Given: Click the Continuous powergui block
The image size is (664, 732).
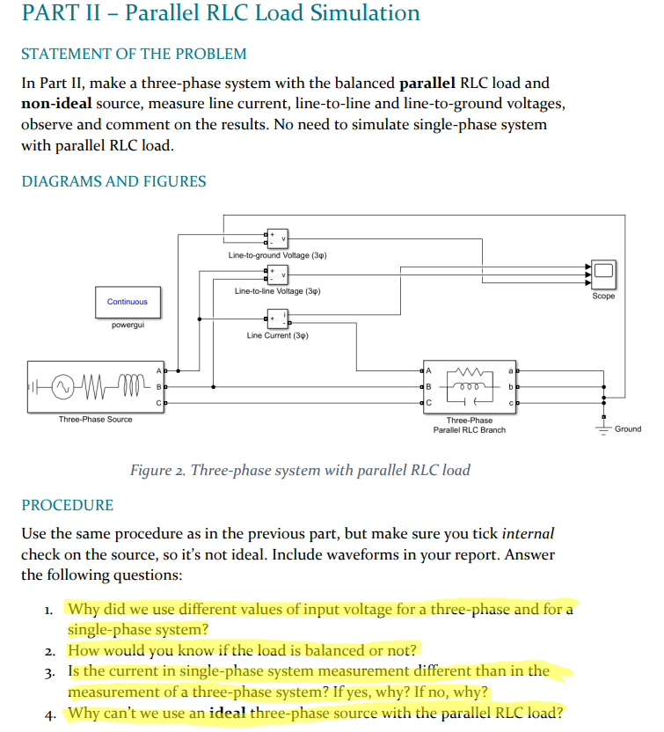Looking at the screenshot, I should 128,302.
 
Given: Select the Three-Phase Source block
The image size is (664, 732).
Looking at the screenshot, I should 95,386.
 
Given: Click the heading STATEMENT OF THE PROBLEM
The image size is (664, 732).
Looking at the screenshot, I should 134,54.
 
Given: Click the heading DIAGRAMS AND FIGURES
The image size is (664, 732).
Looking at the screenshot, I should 113,181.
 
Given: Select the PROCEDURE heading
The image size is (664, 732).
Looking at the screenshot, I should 68,505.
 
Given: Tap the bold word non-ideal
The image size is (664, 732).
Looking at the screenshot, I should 55,104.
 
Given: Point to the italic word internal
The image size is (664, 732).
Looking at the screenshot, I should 528,534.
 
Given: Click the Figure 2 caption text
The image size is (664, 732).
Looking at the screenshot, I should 300,470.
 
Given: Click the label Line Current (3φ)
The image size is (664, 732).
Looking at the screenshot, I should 277,335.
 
